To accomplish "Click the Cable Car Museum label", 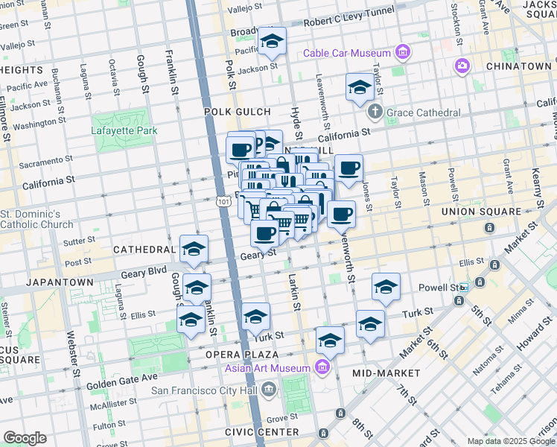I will [x=346, y=53].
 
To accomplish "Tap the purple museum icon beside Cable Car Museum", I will [x=403, y=52].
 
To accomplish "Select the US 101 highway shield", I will [x=223, y=202].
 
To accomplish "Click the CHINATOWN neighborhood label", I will [x=518, y=66].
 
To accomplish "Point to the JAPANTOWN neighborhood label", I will [x=60, y=282].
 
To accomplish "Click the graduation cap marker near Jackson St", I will [x=272, y=42].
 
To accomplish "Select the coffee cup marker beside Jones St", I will [x=348, y=169].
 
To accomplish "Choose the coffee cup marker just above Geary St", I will [x=264, y=233].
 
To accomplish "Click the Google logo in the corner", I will [x=25, y=438].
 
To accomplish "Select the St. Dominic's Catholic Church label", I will [x=36, y=219].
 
